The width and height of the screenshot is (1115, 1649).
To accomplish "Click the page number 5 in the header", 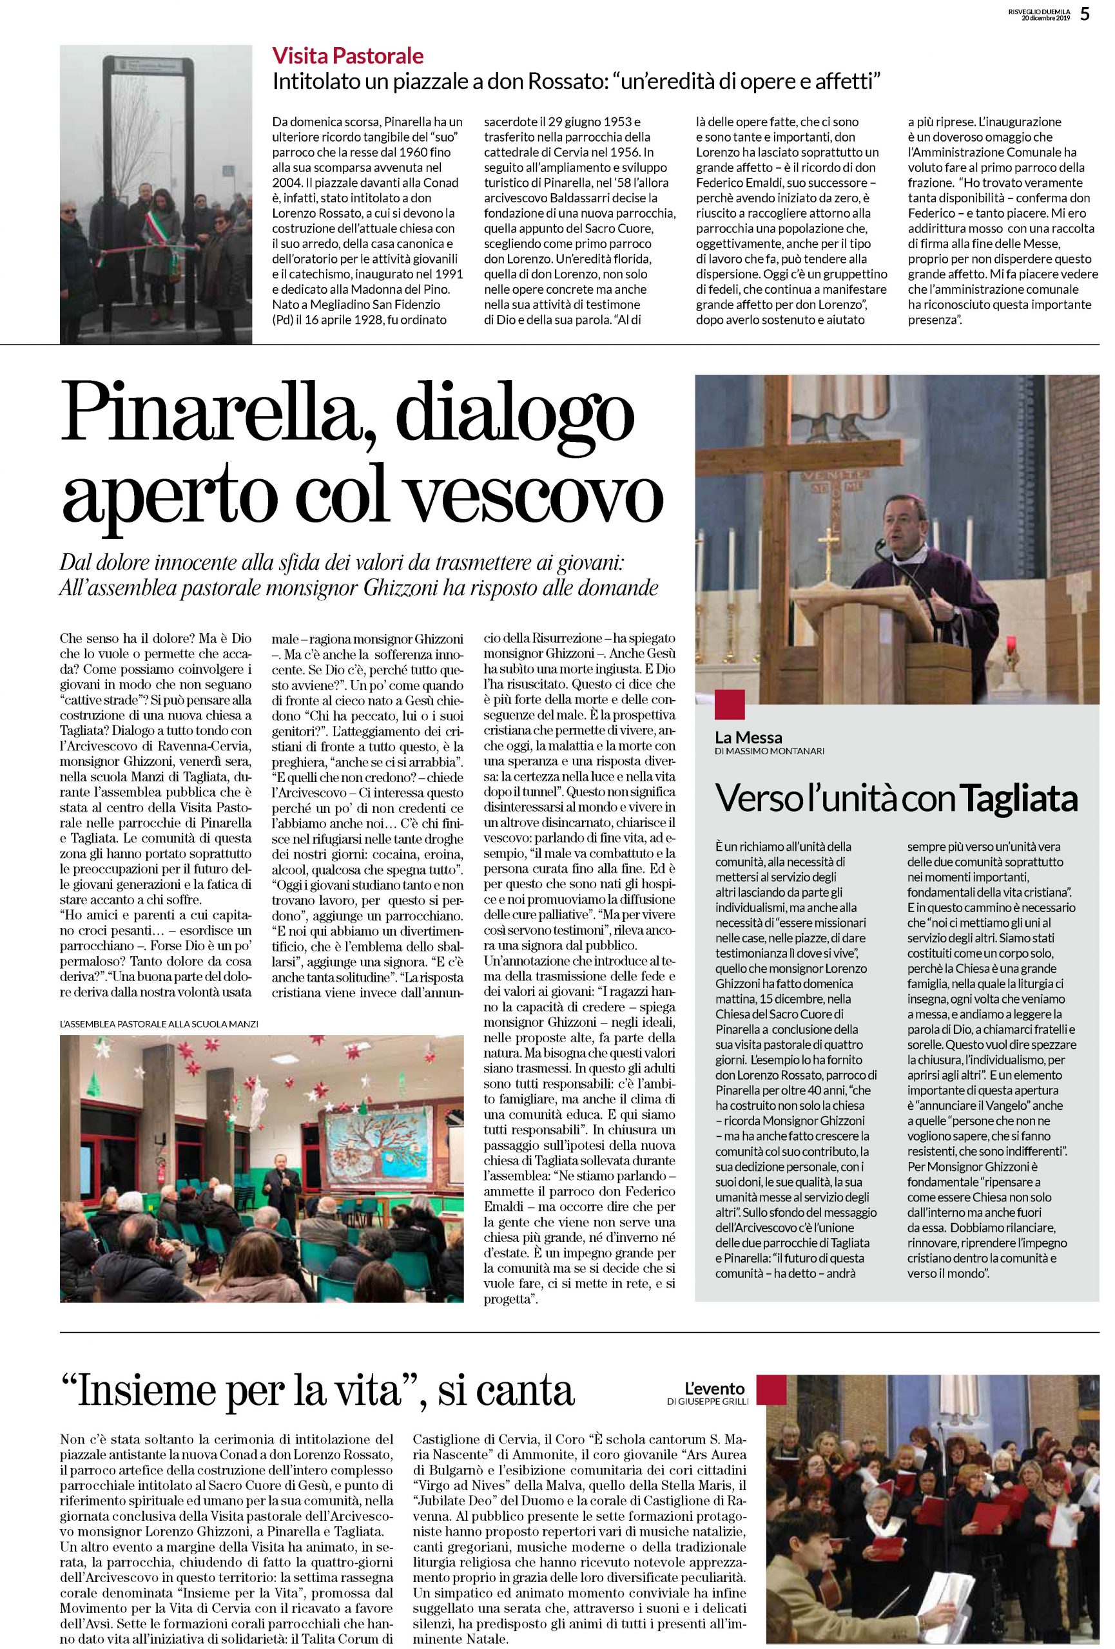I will pyautogui.click(x=1085, y=14).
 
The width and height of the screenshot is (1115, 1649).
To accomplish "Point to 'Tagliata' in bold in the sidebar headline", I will pyautogui.click(x=1019, y=799).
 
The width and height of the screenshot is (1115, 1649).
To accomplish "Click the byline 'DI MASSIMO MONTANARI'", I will pyautogui.click(x=770, y=750).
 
